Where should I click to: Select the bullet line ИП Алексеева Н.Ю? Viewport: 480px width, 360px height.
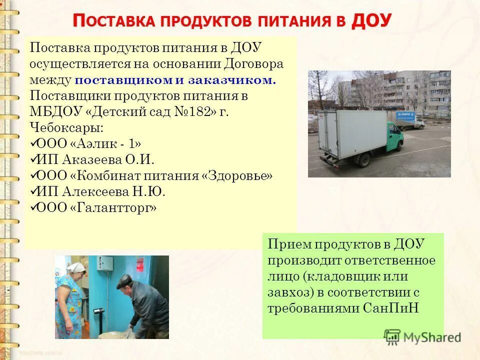click(100, 191)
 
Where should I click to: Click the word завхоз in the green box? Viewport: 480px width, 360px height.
click(285, 291)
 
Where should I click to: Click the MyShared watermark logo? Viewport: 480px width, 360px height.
click(422, 336)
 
